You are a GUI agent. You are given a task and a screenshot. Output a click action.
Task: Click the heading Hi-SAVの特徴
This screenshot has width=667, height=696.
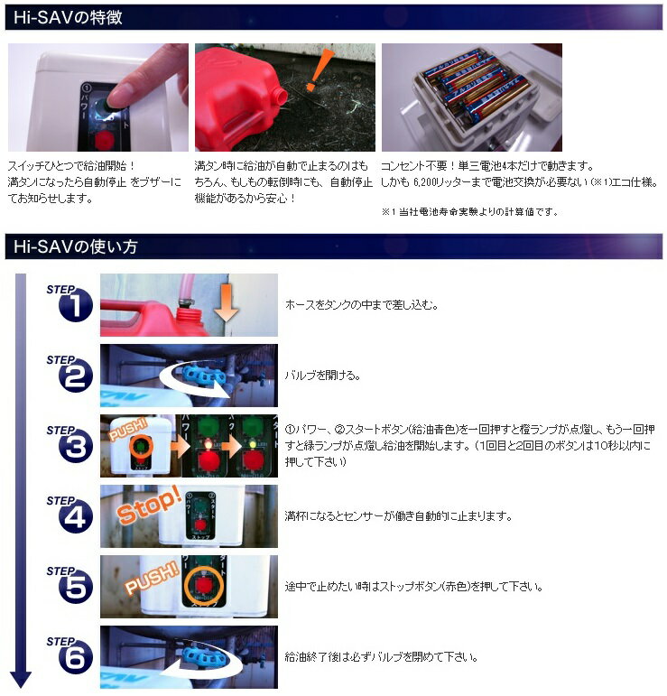68,17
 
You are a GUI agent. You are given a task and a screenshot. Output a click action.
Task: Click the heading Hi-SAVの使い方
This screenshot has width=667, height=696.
75,246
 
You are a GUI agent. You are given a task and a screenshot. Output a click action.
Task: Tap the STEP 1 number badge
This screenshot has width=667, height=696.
76,305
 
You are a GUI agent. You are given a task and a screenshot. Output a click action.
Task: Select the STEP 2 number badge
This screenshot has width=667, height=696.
76,376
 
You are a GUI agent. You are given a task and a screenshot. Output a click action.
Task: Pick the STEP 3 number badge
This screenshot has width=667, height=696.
76,447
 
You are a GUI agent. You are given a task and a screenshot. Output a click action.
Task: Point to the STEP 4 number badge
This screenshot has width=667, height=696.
76,516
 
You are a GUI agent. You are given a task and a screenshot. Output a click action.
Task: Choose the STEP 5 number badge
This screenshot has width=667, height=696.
76,588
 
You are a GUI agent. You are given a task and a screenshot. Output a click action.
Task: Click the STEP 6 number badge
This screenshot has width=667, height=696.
76,658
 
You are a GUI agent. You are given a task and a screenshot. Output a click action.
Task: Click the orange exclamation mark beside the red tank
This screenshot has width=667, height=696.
320,70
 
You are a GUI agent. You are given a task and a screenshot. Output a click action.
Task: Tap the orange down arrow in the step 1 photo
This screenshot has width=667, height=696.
227,302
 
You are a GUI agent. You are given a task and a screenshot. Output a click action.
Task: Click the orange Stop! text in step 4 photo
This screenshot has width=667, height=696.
149,506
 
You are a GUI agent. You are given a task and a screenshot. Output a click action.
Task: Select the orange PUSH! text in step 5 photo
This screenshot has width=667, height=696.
152,578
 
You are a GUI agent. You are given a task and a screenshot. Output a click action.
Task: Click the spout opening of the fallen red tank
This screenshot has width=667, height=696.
281,95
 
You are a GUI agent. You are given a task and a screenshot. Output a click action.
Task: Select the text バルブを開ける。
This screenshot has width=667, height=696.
322,376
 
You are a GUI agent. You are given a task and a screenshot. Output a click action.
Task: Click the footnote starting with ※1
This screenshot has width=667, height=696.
470,212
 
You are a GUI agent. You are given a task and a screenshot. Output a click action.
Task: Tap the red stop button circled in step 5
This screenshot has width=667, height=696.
202,586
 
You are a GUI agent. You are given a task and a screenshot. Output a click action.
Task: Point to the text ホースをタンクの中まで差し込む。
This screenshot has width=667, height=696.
362,305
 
